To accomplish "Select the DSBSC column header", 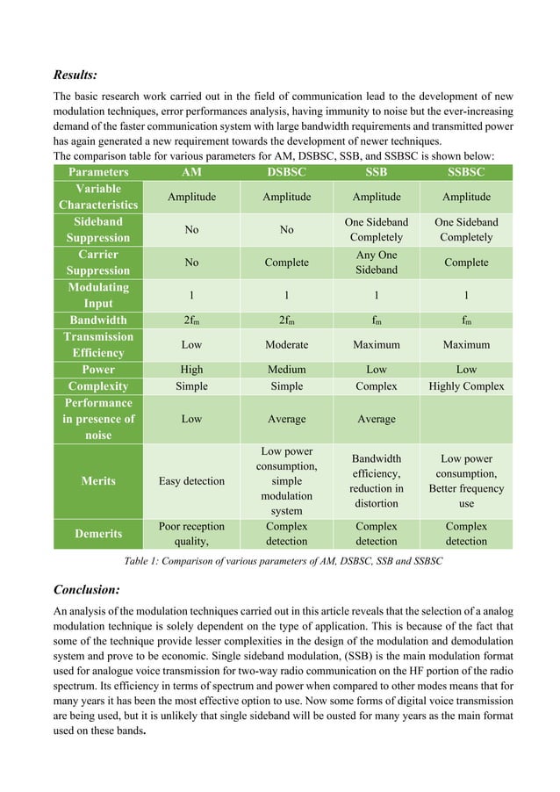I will pos(286,172).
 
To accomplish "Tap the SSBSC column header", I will pos(466,172).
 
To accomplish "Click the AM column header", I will pos(191,172).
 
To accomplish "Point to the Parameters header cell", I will pos(98,172).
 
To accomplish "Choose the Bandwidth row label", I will pos(98,320).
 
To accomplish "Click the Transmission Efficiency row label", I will pos(98,344).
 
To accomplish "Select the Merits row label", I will pos(98,480).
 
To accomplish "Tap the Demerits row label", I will pos(98,533).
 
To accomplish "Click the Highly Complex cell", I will pos(466,385).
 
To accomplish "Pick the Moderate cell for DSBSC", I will pos(286,344).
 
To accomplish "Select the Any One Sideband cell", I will pos(377,262).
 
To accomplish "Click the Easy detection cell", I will pos(191,480).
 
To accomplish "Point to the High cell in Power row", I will pos(191,369).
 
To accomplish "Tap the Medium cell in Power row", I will pos(286,369).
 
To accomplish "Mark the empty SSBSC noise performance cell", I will pos(466,419).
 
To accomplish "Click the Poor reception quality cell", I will pos(191,533).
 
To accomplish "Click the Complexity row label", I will pos(98,385).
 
